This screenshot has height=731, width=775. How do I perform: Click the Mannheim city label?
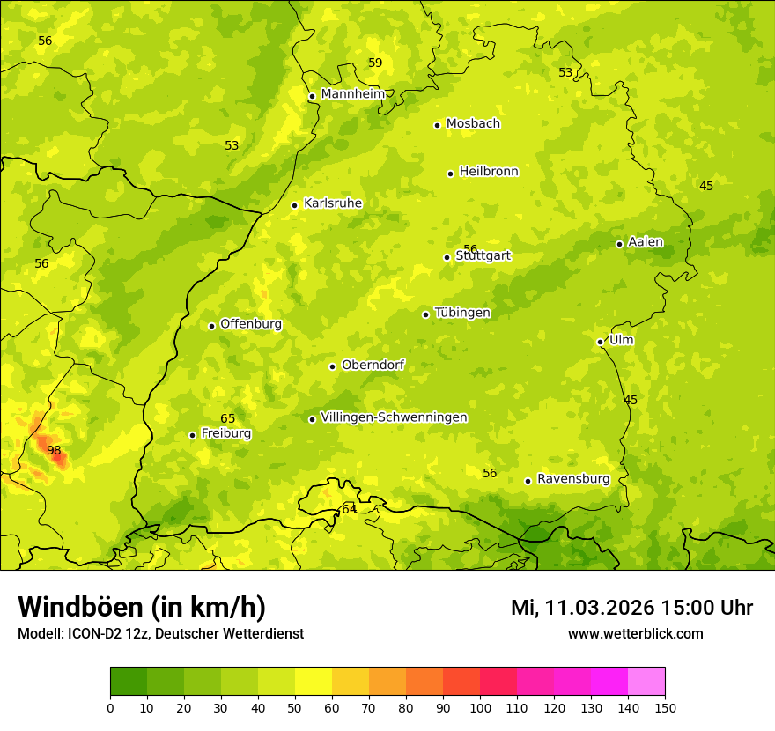pos(352,94)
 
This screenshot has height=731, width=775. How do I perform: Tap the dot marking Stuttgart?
pos(447,258)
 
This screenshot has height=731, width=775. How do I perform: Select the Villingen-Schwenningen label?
pos(394,417)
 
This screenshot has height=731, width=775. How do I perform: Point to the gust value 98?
pos(54,450)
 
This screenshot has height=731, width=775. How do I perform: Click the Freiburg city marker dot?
pos(192,435)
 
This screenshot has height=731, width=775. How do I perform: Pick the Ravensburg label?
pos(573,479)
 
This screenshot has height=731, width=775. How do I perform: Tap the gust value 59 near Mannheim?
pos(375,63)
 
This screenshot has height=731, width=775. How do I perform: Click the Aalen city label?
pos(646,242)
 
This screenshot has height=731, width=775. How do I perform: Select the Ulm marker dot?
pos(600,342)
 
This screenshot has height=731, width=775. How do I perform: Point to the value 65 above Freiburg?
pos(228,418)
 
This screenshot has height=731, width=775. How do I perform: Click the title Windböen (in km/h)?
pos(142,607)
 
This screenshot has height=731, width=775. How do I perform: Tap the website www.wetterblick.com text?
pos(635,633)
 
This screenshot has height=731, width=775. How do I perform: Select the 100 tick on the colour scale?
pos(480,707)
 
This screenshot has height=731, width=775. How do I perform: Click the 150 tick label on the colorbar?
pos(665,707)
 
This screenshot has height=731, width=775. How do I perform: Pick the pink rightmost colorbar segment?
pos(646,681)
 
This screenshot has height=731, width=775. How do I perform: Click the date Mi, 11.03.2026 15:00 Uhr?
pos(631,608)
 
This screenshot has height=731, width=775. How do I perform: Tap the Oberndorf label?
pos(373,365)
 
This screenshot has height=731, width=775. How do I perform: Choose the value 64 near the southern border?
pos(350,509)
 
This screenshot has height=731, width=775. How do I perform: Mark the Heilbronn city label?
pos(489,172)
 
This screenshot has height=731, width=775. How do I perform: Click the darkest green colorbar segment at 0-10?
pos(129,681)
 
